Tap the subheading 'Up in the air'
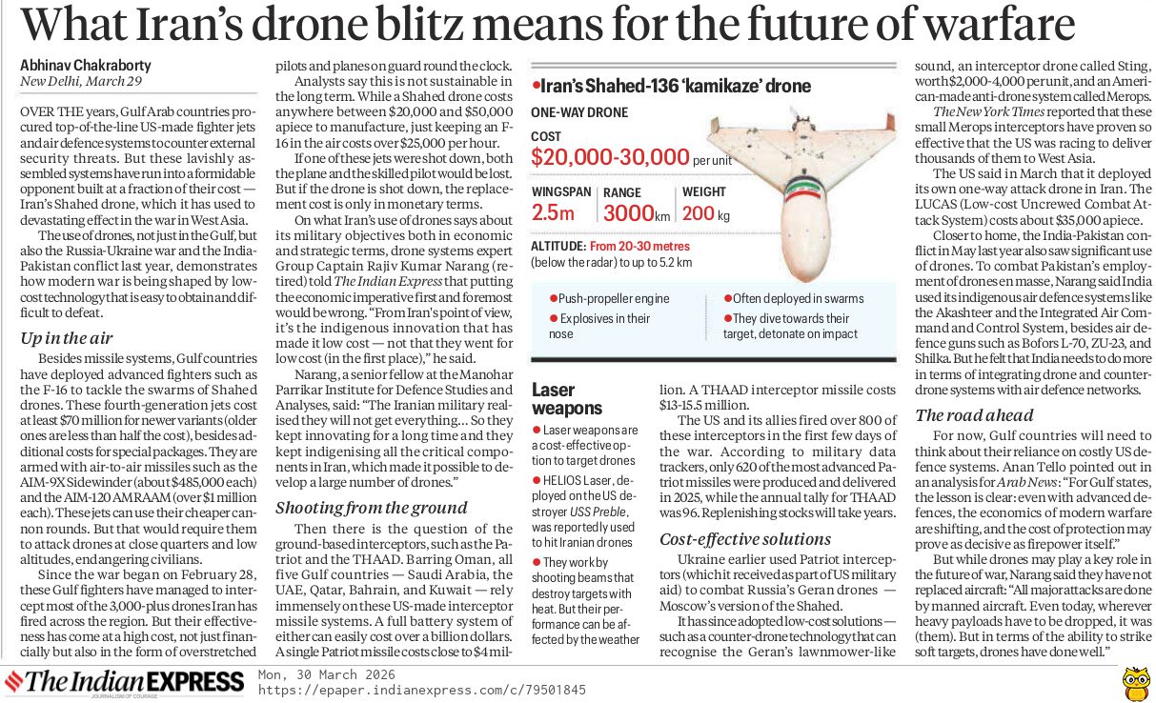coord(68,338)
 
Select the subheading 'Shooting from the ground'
coord(367,508)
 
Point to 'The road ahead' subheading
coord(974,414)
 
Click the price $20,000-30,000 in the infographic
coord(610,157)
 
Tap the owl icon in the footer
coord(1133,681)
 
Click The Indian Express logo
coord(124,682)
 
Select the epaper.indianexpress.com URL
coord(422,690)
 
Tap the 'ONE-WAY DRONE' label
coord(579,112)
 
